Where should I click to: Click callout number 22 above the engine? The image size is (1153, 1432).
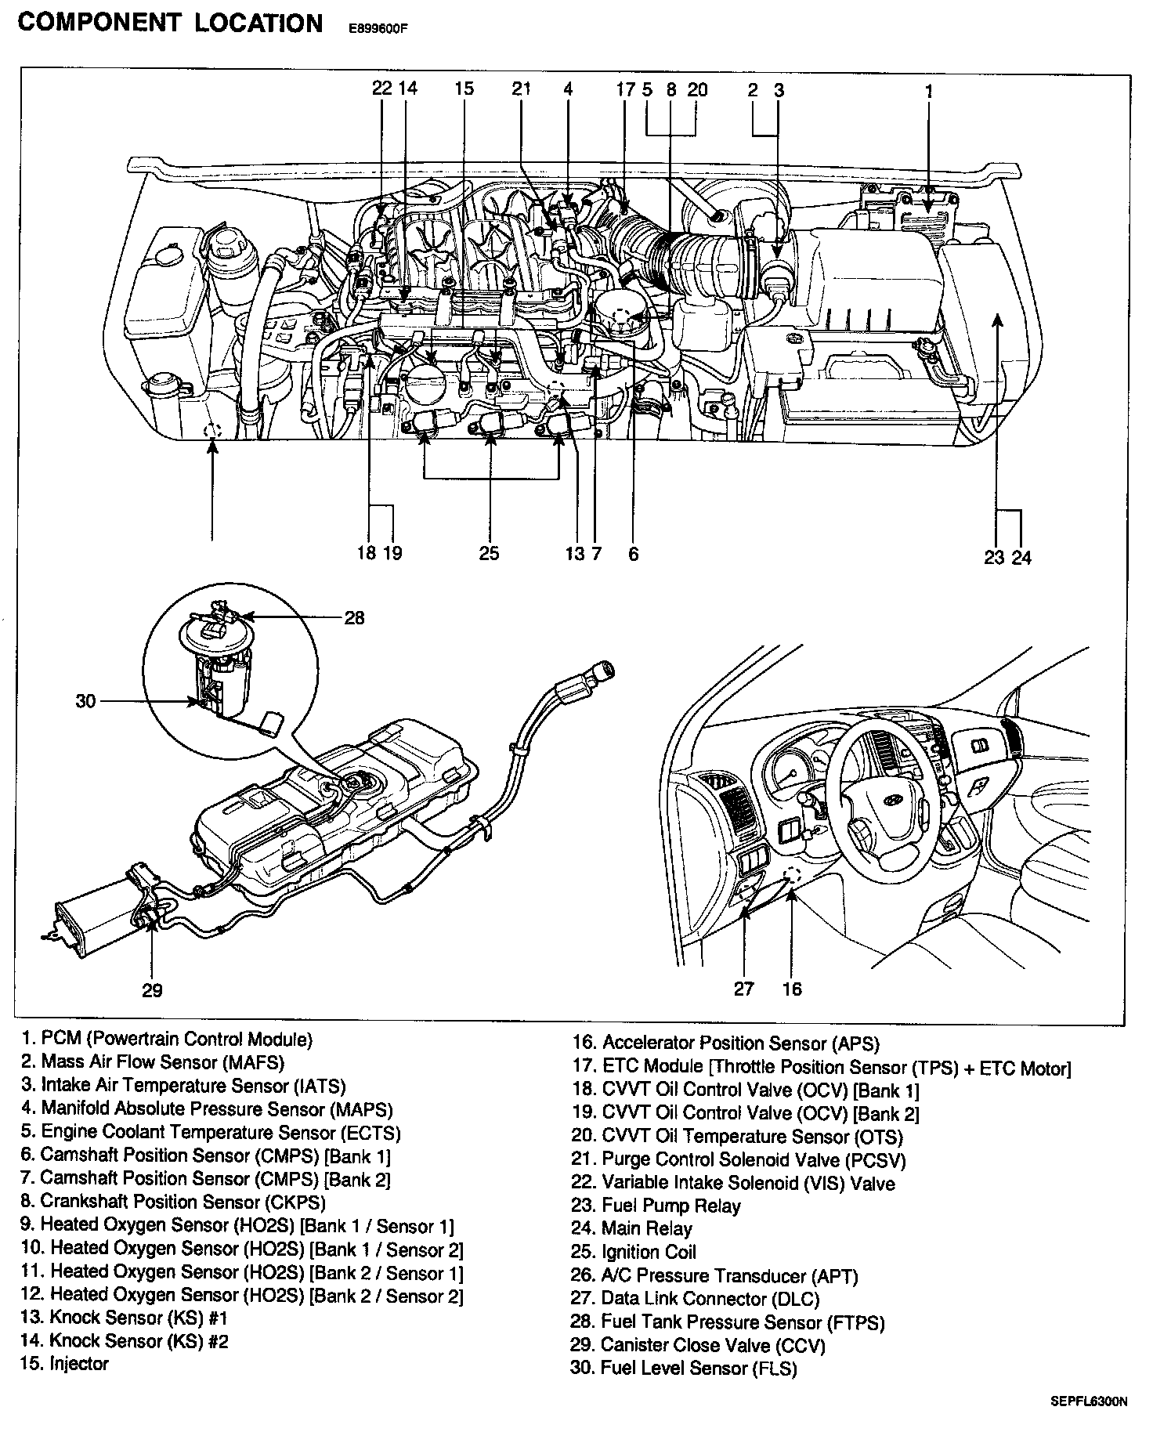click(x=381, y=89)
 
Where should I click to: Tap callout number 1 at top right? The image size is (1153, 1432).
click(x=929, y=90)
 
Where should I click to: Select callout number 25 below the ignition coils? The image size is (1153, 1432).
click(x=489, y=553)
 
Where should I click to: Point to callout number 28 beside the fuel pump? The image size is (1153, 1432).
click(x=355, y=618)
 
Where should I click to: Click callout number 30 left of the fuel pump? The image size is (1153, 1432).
click(x=85, y=701)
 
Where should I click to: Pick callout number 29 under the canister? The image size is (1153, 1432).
click(x=152, y=990)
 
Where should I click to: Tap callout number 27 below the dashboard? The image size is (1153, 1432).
click(x=744, y=989)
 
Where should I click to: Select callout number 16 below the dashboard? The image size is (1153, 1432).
click(x=792, y=989)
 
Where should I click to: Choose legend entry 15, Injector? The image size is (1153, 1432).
click(x=65, y=1364)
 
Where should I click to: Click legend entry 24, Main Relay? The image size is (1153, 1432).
click(x=631, y=1228)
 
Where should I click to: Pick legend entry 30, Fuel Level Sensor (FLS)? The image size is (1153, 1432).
click(x=684, y=1368)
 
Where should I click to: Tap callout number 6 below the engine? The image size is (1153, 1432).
click(x=633, y=553)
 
